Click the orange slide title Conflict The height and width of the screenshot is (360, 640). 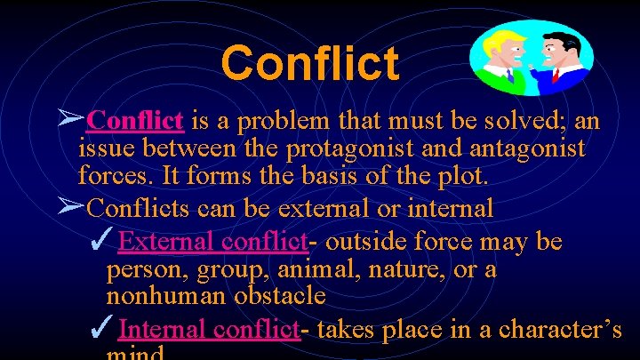309,62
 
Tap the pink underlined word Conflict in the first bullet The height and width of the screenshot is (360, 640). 137,119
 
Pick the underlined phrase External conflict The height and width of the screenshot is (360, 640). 212,241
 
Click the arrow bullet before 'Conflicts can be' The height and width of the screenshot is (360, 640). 70,207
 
